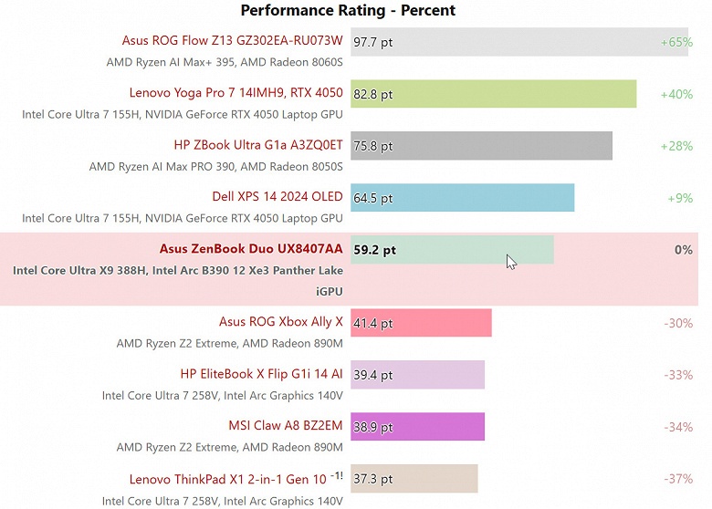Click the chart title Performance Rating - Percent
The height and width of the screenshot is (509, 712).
coord(348,11)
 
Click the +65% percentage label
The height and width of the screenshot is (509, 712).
coord(676,42)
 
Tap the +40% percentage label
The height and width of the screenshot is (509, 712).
coord(676,94)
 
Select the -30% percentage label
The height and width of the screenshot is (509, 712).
coord(678,323)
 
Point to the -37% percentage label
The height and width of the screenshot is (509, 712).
coord(678,479)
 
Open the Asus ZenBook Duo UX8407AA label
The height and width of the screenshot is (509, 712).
coord(251,248)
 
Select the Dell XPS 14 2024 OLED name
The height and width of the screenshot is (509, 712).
coord(277,196)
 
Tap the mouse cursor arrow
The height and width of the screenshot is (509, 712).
coord(511,262)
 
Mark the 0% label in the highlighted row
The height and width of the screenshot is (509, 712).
coord(683,250)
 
